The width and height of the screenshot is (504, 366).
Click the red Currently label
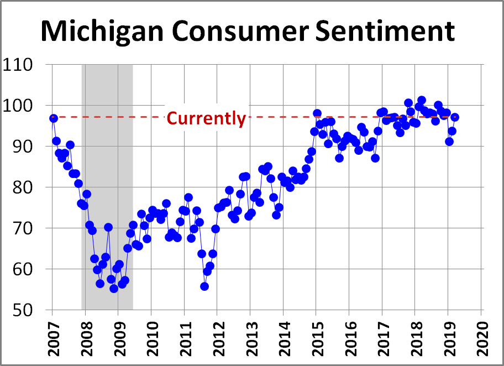point(206,118)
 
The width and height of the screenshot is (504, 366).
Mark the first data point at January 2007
point(54,118)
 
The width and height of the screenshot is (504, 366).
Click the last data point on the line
point(455,117)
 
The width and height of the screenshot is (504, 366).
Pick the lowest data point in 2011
point(204,286)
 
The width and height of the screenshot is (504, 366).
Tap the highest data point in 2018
point(422,100)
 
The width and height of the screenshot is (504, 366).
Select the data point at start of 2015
point(317,113)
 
